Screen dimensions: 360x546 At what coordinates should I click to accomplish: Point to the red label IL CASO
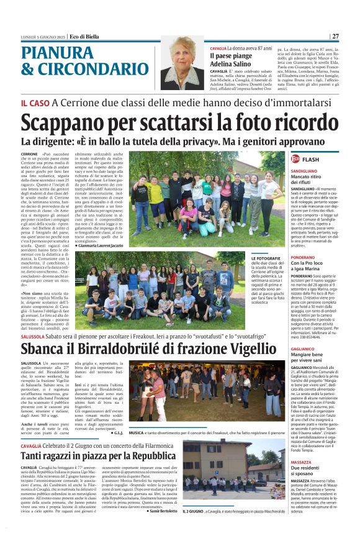[35, 102]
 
